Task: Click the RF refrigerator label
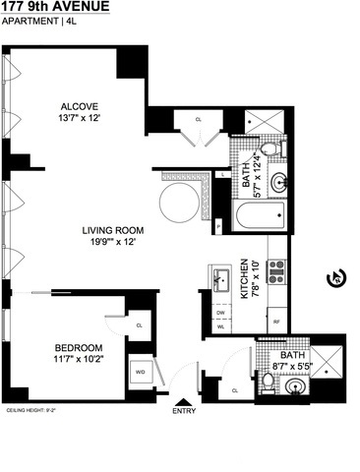click(276, 322)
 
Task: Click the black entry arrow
click(181, 402)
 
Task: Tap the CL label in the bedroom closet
click(139, 324)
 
